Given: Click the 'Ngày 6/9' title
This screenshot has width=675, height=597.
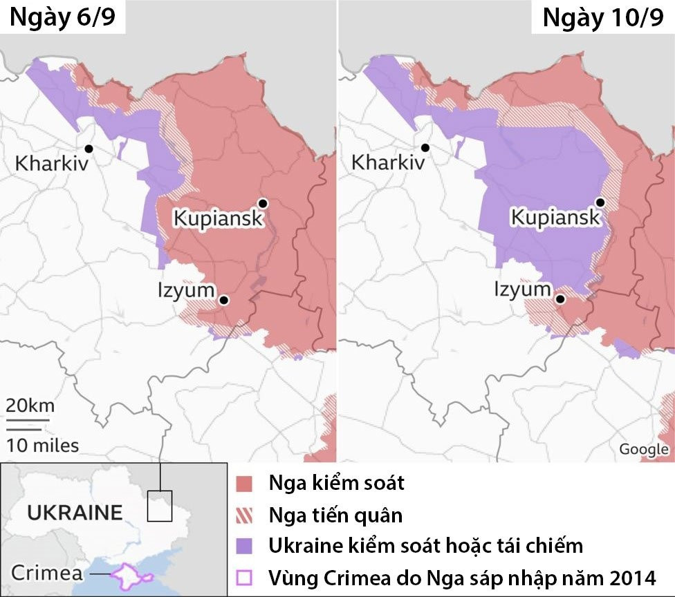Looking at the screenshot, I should pos(62,17).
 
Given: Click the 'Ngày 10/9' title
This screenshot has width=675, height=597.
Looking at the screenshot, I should pos(602,17).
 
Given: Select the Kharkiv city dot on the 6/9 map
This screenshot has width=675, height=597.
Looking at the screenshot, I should pos(89,148).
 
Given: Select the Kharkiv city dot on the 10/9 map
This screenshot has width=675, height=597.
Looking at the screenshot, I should pos(425,147).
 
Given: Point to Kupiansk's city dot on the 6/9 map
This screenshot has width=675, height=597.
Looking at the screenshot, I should pos(263,202).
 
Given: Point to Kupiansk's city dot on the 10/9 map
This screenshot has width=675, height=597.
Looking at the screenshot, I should pos(600,202).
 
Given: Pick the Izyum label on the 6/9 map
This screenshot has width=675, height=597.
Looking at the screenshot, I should pos(185,290).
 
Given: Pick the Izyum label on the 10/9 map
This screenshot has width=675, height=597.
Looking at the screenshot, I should pos(523,290).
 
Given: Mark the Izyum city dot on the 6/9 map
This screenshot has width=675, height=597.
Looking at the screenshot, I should pos(223,300).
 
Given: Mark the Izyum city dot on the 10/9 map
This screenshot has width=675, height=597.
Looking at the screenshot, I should pos(561,300).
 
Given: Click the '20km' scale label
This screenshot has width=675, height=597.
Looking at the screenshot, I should pos(30,406).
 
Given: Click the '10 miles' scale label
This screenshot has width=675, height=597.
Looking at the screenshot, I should pos(43,446).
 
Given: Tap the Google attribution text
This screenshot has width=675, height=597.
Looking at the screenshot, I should pos(643,449).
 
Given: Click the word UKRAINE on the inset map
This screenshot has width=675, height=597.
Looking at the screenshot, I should pos(75,513).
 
